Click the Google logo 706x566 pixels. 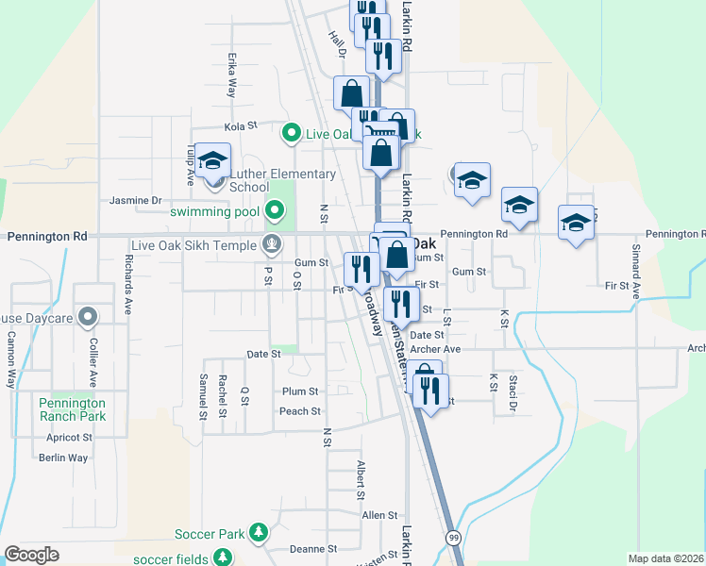pos(32,555)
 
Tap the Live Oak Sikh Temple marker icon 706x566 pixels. pos(272,245)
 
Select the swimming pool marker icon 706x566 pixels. pos(275,210)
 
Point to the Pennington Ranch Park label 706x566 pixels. pos(73,408)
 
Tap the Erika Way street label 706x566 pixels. pos(231,75)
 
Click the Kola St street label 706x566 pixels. pos(241,126)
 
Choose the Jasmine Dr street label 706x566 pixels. pos(136,201)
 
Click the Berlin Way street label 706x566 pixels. pos(63,458)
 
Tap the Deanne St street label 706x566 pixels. pos(313,549)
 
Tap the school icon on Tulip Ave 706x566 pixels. pos(214,162)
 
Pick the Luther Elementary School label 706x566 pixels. pos(282,180)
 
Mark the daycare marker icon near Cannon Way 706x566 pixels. pos(88,316)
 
